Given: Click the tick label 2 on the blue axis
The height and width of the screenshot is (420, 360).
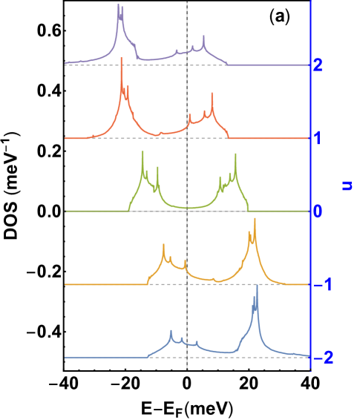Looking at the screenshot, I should tap(318, 65).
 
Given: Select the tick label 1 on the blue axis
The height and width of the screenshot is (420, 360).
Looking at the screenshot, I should tap(318, 139).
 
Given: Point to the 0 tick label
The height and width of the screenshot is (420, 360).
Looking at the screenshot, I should tap(318, 211).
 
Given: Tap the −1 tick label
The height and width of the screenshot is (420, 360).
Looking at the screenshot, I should tap(321, 285).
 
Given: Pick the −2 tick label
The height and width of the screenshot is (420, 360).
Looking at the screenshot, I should tap(321, 358).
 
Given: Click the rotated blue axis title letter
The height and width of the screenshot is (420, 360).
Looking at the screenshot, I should tap(347, 185).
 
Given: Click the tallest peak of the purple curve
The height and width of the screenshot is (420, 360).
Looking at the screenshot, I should tap(119, 6).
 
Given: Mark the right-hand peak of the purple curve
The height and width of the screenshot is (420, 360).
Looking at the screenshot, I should tap(204, 36).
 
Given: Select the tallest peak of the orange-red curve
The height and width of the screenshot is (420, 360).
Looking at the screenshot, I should tap(122, 59).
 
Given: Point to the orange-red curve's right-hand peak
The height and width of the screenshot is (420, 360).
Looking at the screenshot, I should tap(212, 93).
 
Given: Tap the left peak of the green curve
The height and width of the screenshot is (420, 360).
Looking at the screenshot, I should tap(143, 153).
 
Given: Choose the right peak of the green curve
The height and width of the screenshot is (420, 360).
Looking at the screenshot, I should tap(235, 154).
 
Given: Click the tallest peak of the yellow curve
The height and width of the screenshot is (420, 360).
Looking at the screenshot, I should tap(255, 220).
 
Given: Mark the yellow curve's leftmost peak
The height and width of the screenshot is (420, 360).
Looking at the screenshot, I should tap(163, 244).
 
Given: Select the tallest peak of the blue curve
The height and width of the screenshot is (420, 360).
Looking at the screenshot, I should tap(257, 286).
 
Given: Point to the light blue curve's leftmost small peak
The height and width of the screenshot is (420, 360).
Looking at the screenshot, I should tap(171, 331).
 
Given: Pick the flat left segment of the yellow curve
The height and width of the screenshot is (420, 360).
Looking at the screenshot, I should tap(104, 284).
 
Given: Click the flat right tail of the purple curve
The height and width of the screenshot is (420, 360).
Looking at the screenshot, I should tap(267, 65).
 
